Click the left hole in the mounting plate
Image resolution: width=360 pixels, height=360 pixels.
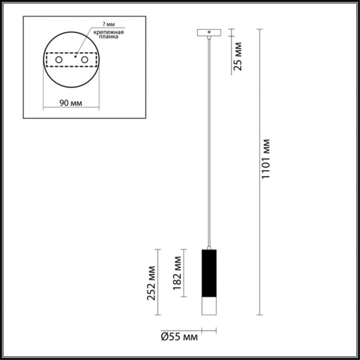(x=59, y=61)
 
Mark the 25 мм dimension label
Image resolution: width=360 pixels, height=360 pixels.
(x=238, y=57)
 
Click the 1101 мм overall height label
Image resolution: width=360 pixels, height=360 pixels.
(x=266, y=159)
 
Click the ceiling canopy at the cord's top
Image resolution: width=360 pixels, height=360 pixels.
(x=209, y=32)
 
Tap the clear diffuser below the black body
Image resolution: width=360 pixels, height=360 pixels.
(x=209, y=307)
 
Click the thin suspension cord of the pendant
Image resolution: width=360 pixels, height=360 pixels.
(x=209, y=141)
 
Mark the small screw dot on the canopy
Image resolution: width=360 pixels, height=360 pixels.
(x=209, y=32)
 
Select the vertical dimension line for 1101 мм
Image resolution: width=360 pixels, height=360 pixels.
(x=259, y=172)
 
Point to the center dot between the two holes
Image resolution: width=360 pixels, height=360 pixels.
(x=76, y=56)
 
